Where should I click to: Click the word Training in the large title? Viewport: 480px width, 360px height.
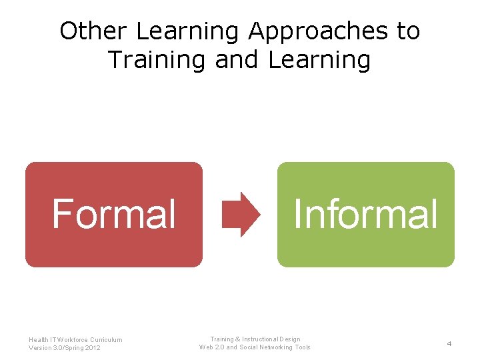pyautogui.click(x=157, y=60)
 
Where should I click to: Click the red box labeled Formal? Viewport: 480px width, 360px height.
pyautogui.click(x=114, y=215)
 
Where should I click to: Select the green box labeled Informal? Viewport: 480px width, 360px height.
pyautogui.click(x=365, y=215)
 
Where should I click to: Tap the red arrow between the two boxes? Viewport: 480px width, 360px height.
pyautogui.click(x=241, y=215)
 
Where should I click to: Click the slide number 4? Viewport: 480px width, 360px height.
pyautogui.click(x=449, y=343)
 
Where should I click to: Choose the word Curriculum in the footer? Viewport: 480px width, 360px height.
pyautogui.click(x=105, y=340)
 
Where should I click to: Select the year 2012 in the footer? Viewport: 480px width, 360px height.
pyautogui.click(x=92, y=348)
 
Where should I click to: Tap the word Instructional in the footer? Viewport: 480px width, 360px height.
pyautogui.click(x=263, y=339)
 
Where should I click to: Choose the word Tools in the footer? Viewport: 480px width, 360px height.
pyautogui.click(x=303, y=347)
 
